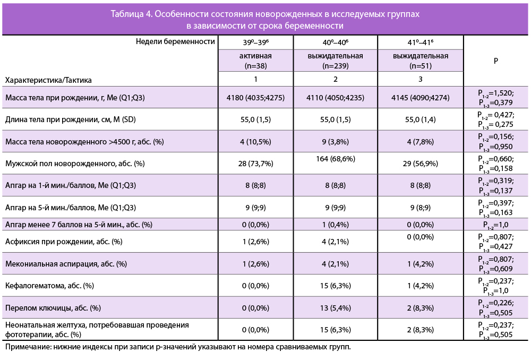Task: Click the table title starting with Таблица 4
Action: [x=265, y=20]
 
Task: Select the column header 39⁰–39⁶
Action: [x=255, y=41]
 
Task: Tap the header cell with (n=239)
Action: [x=335, y=61]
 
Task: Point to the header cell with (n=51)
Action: [x=421, y=61]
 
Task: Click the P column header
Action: [x=496, y=61]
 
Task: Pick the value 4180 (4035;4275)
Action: [x=255, y=98]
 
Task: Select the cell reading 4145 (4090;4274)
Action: [x=421, y=98]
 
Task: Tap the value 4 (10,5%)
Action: [x=255, y=142]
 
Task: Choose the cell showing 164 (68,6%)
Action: [x=335, y=159]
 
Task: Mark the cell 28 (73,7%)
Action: [x=255, y=164]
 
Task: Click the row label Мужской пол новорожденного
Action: [x=75, y=164]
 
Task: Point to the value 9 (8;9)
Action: [x=421, y=208]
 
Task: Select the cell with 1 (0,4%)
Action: [x=335, y=225]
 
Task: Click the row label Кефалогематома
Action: [x=49, y=286]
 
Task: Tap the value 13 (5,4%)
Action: [x=335, y=307]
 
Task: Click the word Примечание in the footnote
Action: [x=25, y=347]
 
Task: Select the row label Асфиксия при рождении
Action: [x=64, y=242]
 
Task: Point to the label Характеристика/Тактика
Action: [x=48, y=80]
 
